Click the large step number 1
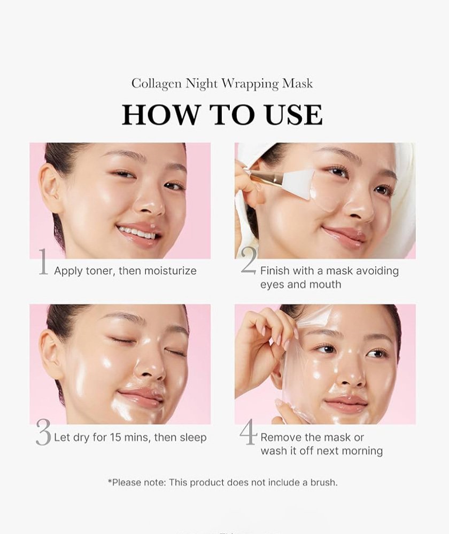coord(43,262)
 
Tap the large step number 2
coord(249,261)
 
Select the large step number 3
coord(44,432)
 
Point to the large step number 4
coord(248,431)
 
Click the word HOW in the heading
coord(160,114)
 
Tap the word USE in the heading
coord(293,114)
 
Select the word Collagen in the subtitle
coord(157,84)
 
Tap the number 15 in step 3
coord(116,437)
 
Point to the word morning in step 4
coord(362,451)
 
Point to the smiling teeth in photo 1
coord(137,233)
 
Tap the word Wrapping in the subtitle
coord(250,84)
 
